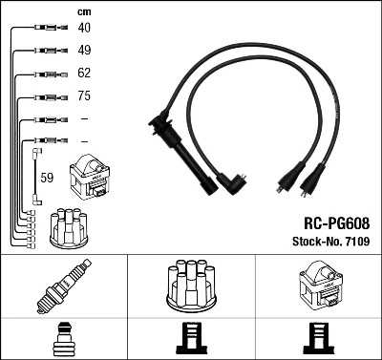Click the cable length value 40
pos(83,28)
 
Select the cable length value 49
pos(83,50)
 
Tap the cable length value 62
pos(83,73)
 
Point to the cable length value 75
pos(83,96)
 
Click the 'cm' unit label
pos(82,11)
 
